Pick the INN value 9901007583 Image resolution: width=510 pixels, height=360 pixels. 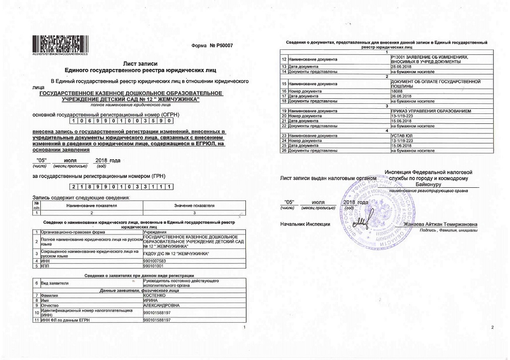coord(155,261)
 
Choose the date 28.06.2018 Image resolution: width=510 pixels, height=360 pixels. coord(401,67)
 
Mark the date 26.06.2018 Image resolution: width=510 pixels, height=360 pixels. coord(401,96)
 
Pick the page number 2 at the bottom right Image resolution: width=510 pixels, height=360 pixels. coord(492,328)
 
